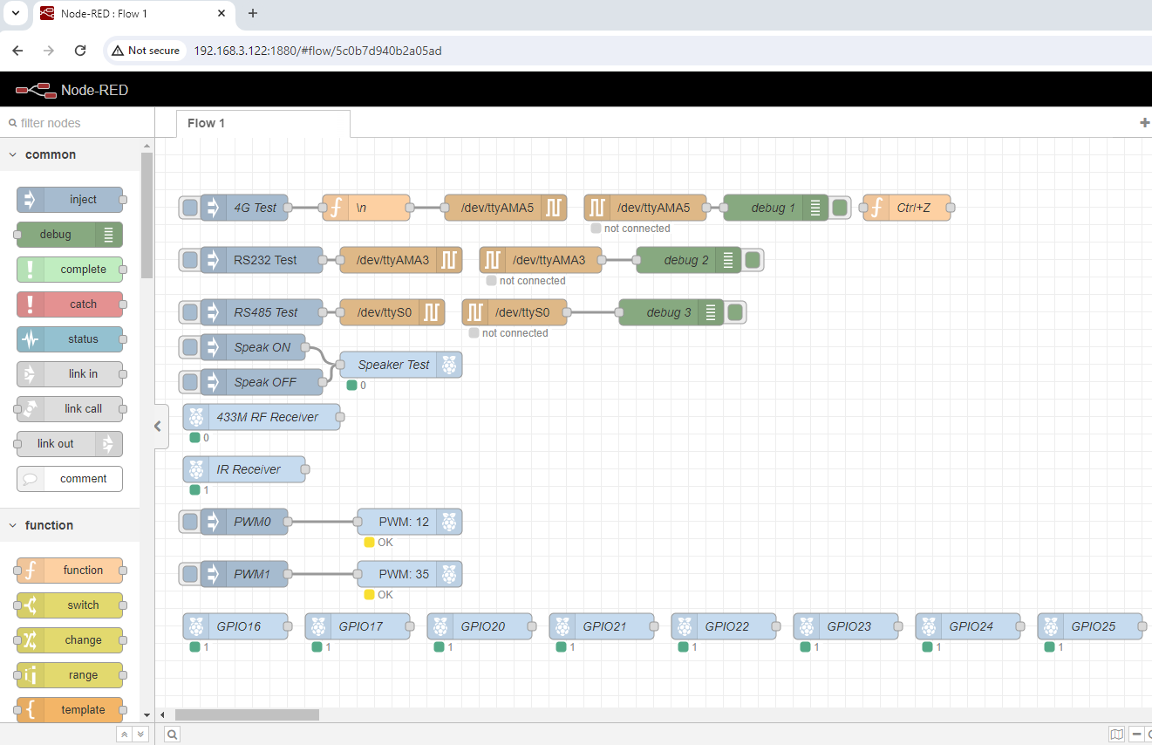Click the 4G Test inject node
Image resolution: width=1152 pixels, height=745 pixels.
(x=253, y=208)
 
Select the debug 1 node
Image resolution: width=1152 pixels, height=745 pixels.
(x=767, y=208)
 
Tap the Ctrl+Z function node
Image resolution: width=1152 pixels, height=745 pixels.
(x=912, y=208)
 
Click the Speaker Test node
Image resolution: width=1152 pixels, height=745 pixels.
(x=392, y=365)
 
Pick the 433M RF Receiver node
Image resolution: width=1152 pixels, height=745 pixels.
(x=267, y=417)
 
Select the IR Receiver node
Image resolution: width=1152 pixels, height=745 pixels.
(x=248, y=469)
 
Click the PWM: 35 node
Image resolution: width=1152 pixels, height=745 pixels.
(x=403, y=574)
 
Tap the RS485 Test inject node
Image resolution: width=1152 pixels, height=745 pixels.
(x=265, y=312)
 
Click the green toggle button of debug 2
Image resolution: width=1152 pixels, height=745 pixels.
(x=753, y=260)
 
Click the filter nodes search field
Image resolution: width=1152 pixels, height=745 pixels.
(x=74, y=123)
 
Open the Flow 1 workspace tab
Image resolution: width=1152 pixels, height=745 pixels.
(x=206, y=123)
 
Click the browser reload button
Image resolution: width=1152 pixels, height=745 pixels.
(x=80, y=51)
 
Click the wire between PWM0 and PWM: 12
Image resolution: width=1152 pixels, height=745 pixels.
(x=322, y=522)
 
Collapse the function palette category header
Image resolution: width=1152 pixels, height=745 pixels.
(x=50, y=525)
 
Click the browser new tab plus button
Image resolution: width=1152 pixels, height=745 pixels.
(x=253, y=13)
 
